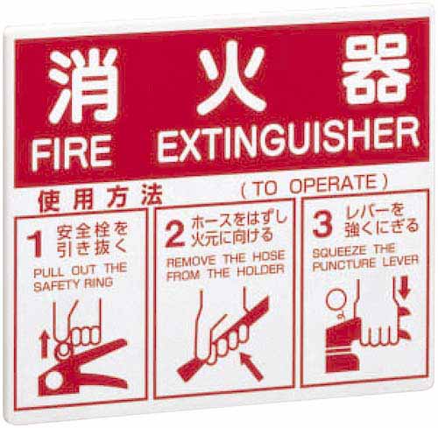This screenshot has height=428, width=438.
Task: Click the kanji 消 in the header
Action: (82, 85)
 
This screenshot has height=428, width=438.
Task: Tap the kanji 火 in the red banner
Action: (231, 78)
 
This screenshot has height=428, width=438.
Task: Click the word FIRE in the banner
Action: (72, 153)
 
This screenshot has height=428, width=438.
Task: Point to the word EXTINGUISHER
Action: (288, 142)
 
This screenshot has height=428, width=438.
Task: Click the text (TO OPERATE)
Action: (314, 186)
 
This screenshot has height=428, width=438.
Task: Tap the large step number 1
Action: (35, 243)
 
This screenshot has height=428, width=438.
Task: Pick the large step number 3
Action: (322, 224)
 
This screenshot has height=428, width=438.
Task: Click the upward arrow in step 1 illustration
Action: (45, 345)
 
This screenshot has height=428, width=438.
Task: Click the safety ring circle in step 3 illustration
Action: (336, 299)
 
